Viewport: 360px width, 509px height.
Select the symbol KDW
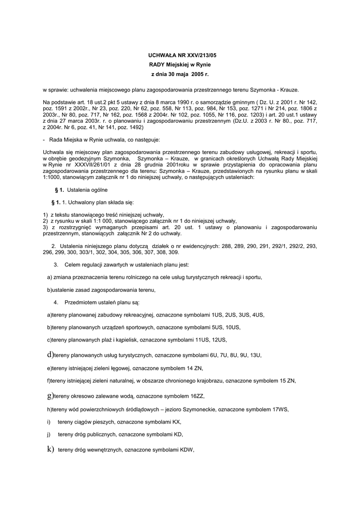pyautogui.click(x=186, y=451)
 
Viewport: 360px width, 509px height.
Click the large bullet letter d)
pyautogui.click(x=50, y=355)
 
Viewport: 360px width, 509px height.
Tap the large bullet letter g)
pyautogui.click(x=50, y=396)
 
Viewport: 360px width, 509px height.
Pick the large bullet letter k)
pyautogui.click(x=50, y=450)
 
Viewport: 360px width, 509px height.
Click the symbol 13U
pyautogui.click(x=255, y=356)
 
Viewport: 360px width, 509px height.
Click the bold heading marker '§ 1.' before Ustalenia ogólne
pyautogui.click(x=59, y=190)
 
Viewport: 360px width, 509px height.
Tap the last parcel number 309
pyautogui.click(x=174, y=252)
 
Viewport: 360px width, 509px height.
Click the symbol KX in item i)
pyautogui.click(x=177, y=422)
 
